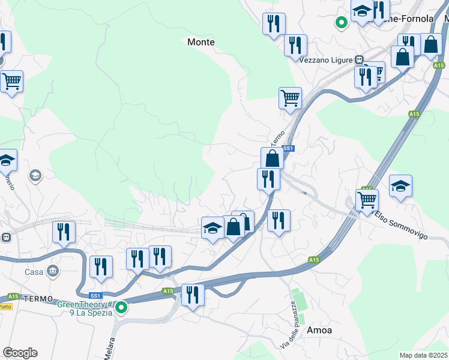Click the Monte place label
tap(201, 42)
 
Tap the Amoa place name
tap(319, 330)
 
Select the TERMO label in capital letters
tap(40, 298)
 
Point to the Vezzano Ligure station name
tap(327, 60)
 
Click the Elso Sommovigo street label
tap(402, 226)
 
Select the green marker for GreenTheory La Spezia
tap(121, 308)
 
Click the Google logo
tap(20, 353)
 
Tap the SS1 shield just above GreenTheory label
tap(95, 296)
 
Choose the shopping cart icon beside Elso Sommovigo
tap(367, 200)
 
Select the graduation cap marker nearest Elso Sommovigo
tap(400, 186)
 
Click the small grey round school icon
tap(35, 176)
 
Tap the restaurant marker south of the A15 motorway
tap(193, 295)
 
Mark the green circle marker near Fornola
tap(342, 23)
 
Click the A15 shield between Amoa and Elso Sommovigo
tap(314, 260)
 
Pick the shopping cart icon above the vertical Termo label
tap(290, 97)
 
